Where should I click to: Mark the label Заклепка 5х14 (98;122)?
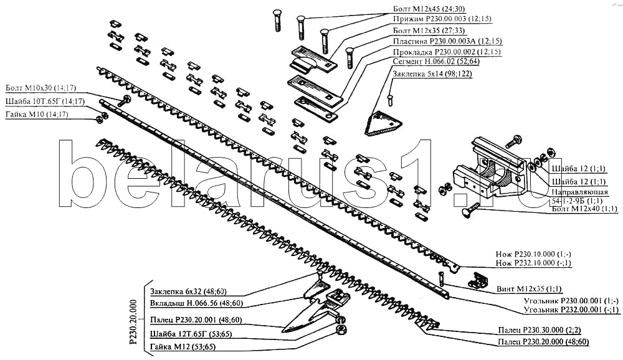point(432,74)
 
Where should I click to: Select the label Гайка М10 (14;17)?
point(37,115)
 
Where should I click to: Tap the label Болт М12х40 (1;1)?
point(584,209)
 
